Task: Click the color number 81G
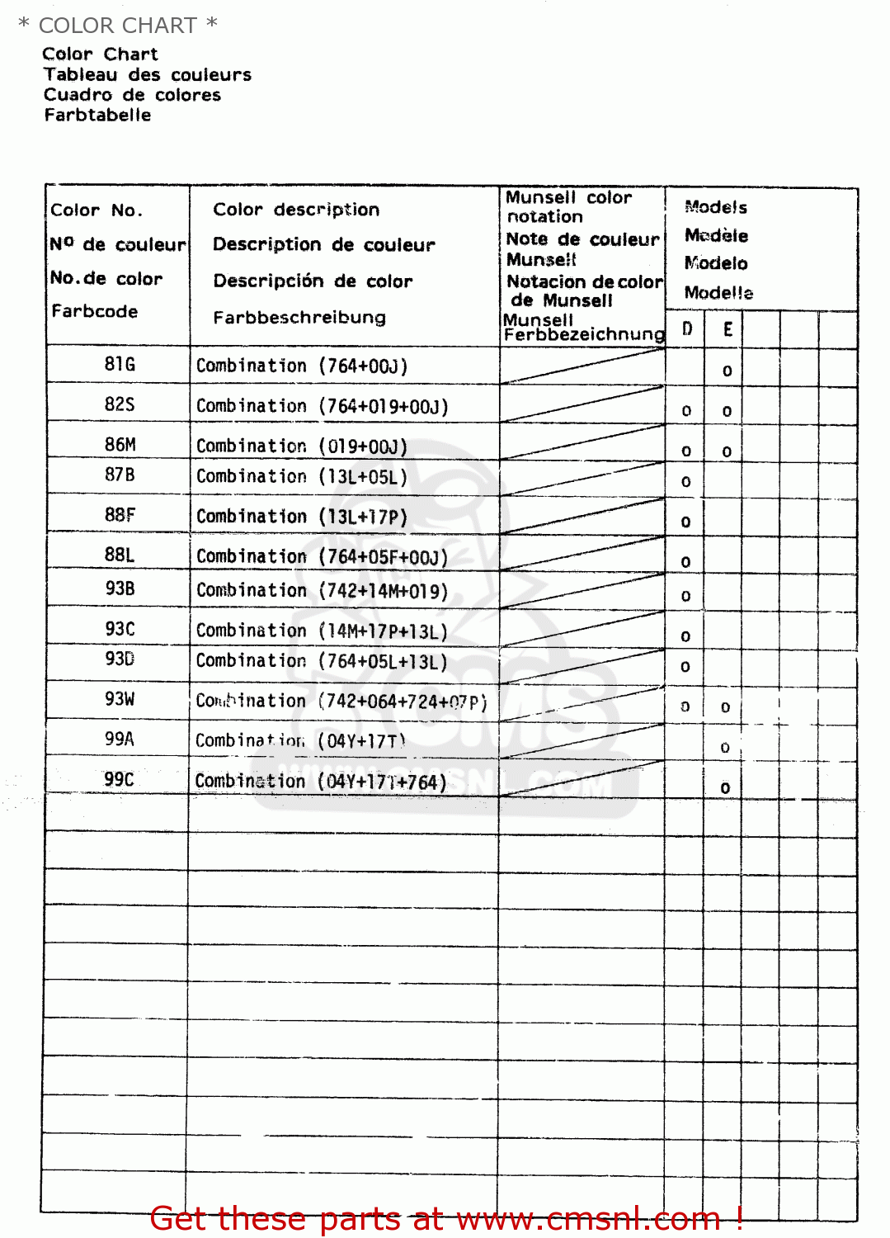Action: [120, 364]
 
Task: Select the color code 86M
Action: [120, 445]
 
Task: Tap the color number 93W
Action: [120, 699]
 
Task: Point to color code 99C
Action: [119, 780]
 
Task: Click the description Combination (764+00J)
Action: [302, 366]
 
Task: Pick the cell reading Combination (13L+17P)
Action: [302, 517]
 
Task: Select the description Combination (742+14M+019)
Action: [322, 591]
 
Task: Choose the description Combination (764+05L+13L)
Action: [322, 661]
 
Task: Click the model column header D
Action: [687, 329]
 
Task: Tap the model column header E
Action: [728, 329]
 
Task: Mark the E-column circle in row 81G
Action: [727, 371]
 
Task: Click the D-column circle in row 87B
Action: [686, 482]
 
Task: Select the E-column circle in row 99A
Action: [725, 748]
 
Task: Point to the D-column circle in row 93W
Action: [685, 707]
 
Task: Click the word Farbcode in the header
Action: [95, 311]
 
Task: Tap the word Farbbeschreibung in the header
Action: [299, 318]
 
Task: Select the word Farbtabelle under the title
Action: [98, 116]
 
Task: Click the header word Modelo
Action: [716, 263]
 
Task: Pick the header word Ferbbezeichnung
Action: [584, 335]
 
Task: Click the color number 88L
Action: [120, 555]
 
